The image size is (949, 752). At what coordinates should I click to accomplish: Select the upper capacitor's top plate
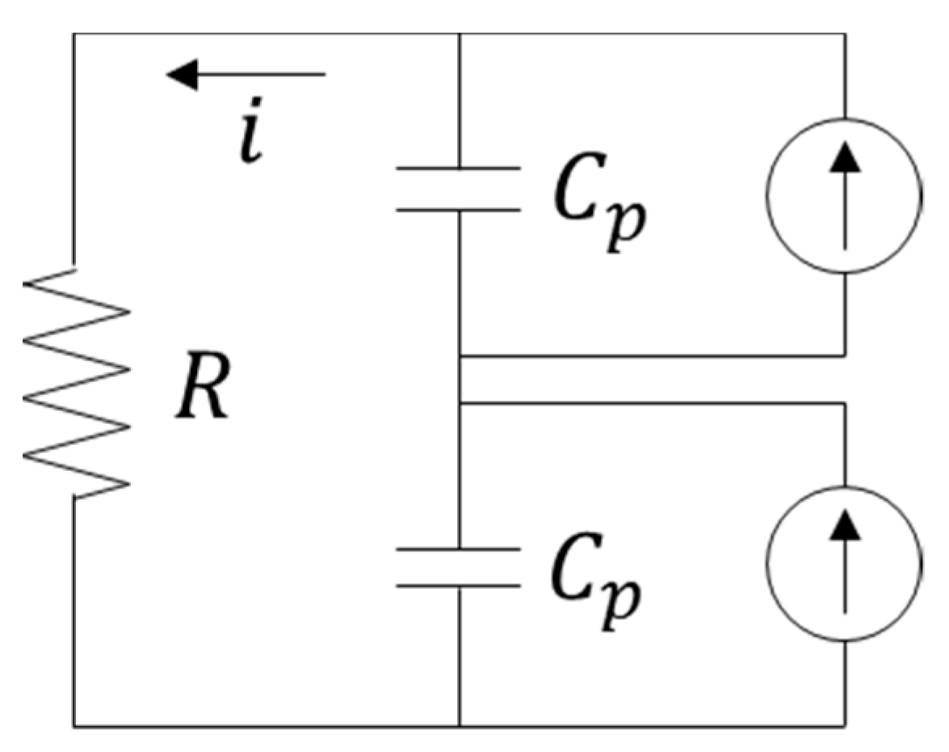click(458, 169)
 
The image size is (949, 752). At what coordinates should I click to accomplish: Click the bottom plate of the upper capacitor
click(458, 210)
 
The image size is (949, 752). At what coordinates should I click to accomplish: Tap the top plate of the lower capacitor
click(458, 548)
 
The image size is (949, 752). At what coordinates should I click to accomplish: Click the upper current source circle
click(844, 196)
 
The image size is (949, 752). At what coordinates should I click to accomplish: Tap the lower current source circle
click(844, 563)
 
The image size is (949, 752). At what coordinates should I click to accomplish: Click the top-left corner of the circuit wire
click(74, 34)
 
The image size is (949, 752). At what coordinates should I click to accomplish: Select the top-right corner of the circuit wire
click(845, 34)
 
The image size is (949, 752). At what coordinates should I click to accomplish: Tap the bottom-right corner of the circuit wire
click(845, 726)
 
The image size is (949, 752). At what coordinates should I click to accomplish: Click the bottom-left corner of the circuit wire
click(74, 726)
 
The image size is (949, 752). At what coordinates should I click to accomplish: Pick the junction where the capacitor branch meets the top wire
click(459, 34)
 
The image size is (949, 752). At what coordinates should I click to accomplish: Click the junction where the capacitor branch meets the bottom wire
click(459, 726)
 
